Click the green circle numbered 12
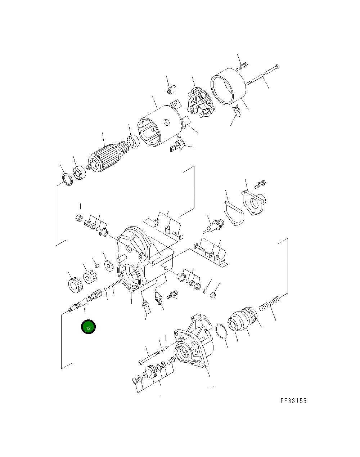tap(88, 327)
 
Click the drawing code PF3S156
tap(293, 401)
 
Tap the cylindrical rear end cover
tap(228, 86)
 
